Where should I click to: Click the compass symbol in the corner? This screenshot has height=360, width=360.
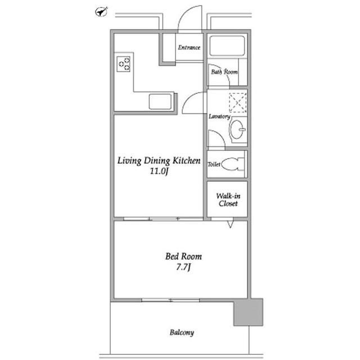[x=101, y=12]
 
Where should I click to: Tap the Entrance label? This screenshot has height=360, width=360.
[x=189, y=47]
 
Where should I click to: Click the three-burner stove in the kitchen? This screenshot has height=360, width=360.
[x=124, y=64]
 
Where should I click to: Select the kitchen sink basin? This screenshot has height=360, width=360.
[x=160, y=102]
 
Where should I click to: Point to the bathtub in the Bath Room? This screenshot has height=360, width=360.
[x=227, y=46]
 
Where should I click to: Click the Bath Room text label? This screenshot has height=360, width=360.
[x=224, y=72]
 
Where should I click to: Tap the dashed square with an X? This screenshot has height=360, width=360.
[x=238, y=102]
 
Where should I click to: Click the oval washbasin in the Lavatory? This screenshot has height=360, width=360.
[x=237, y=129]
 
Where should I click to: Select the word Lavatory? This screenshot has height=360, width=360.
[x=219, y=116]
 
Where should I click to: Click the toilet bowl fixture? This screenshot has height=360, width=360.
[x=232, y=164]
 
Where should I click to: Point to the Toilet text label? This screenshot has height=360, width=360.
[x=214, y=164]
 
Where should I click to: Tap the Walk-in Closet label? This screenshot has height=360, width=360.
[x=228, y=200]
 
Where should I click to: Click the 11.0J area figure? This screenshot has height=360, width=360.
[x=159, y=171]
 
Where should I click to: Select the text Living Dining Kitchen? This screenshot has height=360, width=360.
[x=159, y=161]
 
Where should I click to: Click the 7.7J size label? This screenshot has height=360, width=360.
[x=183, y=267]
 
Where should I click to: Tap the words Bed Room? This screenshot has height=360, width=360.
[x=184, y=256]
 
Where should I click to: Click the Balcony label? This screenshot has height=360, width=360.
[x=182, y=332]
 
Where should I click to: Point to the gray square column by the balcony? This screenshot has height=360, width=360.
[x=248, y=312]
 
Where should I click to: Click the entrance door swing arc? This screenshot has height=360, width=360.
[x=186, y=14]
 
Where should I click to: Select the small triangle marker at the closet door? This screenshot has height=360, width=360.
[x=230, y=224]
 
